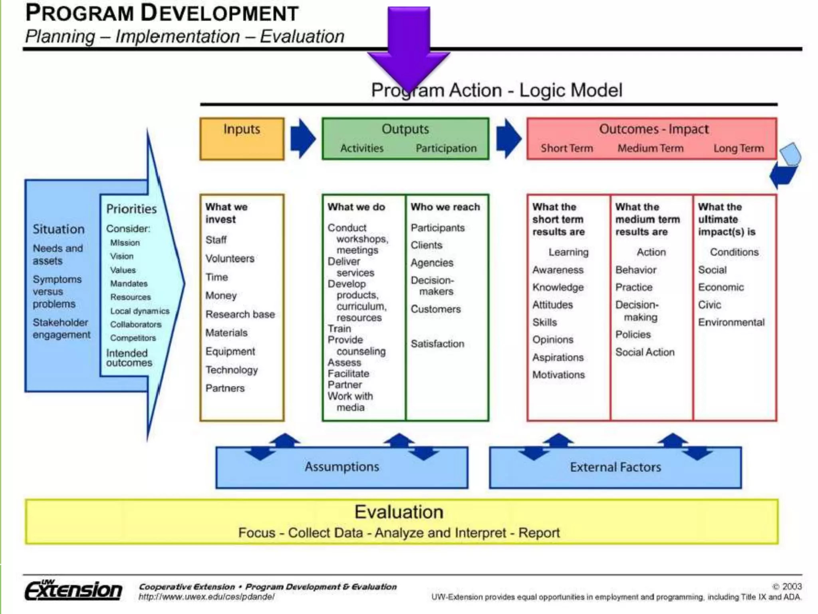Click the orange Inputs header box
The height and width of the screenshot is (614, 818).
242,138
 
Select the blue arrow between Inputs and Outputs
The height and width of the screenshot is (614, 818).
303,138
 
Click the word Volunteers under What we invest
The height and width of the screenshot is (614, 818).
230,259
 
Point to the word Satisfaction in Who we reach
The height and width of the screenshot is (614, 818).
437,344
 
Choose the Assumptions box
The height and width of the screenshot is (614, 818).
342,467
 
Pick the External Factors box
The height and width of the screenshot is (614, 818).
615,467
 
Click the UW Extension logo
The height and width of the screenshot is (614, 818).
73,590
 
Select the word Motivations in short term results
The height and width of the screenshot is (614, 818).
558,375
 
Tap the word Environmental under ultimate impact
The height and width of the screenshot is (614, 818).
731,322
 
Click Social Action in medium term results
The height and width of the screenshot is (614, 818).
645,352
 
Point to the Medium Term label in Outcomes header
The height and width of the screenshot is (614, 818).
650,148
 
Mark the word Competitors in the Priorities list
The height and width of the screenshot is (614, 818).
133,338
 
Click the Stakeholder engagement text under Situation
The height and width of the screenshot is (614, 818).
62,329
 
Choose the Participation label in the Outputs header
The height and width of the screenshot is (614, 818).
446,148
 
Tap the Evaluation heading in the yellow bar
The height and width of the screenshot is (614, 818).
399,512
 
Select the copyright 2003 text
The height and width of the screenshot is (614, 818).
786,586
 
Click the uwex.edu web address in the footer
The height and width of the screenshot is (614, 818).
206,597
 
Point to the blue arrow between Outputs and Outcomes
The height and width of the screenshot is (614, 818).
508,138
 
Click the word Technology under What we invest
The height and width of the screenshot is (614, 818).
232,370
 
